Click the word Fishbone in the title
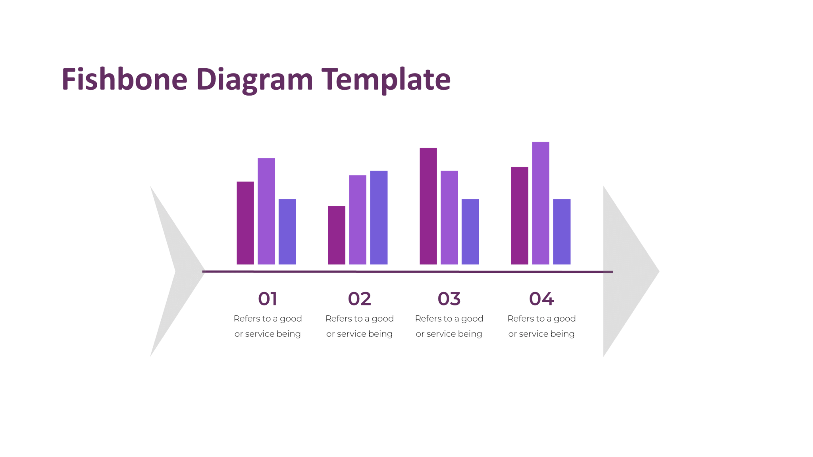[124, 79]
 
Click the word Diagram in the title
[254, 79]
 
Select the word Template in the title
[386, 79]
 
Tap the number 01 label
[268, 299]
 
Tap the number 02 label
[359, 299]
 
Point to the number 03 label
[449, 299]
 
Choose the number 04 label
[541, 299]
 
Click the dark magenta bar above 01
[245, 223]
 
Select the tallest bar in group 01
[266, 211]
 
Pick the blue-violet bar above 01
[287, 232]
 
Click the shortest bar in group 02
[337, 235]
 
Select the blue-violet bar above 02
[379, 217]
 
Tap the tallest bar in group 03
[428, 206]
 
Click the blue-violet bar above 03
[470, 232]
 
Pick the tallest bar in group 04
[540, 203]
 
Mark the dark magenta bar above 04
[520, 216]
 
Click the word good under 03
[472, 319]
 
